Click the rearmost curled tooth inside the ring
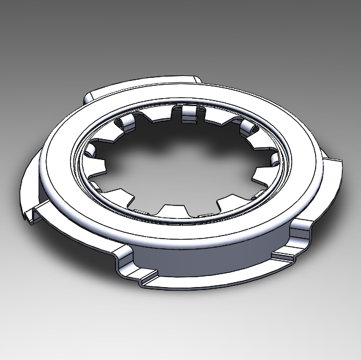click(188, 113)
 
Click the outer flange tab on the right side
click(328, 178)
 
